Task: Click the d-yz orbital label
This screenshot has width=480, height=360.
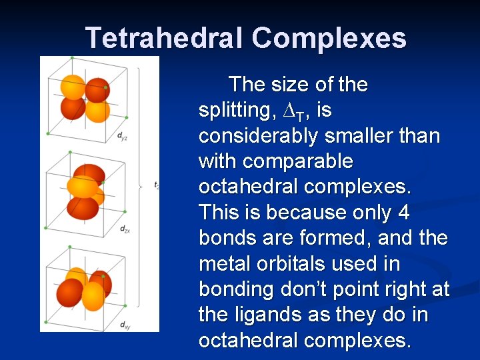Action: click(122, 137)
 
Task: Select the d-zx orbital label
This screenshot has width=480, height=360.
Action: click(124, 229)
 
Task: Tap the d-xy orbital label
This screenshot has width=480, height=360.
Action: click(124, 325)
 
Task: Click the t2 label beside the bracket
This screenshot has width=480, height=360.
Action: click(156, 185)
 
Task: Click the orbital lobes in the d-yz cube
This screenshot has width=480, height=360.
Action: click(85, 99)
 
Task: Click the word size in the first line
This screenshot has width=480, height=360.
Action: click(291, 85)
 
